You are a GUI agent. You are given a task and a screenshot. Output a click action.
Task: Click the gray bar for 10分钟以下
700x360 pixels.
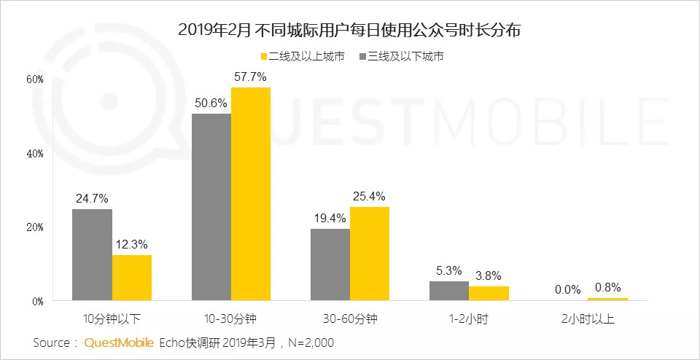[92, 254]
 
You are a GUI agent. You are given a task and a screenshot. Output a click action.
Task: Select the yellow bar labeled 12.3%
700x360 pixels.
[131, 278]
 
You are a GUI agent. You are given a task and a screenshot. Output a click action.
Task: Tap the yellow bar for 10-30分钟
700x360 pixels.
[250, 193]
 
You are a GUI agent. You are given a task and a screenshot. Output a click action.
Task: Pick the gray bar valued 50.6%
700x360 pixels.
[211, 207]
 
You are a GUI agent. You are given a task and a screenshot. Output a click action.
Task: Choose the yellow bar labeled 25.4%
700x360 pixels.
[369, 254]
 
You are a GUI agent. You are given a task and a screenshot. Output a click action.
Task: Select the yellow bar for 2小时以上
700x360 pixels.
[607, 299]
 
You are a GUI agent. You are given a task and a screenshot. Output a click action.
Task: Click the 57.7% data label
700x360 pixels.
[251, 77]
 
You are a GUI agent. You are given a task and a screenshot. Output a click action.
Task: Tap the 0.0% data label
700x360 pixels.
[568, 289]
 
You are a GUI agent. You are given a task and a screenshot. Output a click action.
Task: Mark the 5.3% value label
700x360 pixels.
[449, 270]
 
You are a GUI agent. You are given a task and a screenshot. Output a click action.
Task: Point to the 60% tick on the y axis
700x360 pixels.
[35, 79]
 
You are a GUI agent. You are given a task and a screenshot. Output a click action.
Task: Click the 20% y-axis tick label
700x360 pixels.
[35, 227]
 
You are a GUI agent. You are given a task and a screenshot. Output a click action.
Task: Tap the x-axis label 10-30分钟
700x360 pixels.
[230, 319]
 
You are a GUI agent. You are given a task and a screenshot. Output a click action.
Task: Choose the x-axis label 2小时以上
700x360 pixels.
[588, 319]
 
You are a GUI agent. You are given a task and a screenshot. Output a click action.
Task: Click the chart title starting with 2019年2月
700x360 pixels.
[349, 31]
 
